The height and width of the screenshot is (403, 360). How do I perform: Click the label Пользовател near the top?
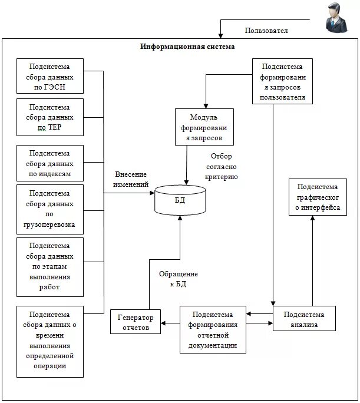click(266, 31)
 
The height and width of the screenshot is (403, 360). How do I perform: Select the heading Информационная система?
click(187, 47)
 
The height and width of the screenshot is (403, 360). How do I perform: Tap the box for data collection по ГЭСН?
click(50, 77)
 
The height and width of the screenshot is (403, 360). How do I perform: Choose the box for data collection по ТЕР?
click(50, 117)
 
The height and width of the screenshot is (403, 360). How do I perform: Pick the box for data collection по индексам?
click(50, 163)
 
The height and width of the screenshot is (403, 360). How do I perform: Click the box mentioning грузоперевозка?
click(50, 209)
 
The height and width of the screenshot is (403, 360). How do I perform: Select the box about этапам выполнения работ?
click(50, 267)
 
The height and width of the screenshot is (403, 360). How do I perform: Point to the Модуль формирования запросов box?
click(203, 127)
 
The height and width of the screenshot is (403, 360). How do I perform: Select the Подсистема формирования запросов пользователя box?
click(282, 81)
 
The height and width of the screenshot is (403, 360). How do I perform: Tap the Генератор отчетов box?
click(136, 322)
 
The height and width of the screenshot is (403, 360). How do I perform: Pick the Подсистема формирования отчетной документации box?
click(213, 329)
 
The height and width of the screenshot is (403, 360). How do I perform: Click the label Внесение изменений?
click(131, 179)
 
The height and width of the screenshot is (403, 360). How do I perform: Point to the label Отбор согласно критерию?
click(221, 166)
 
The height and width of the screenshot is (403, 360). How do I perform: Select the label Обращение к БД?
click(179, 279)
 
